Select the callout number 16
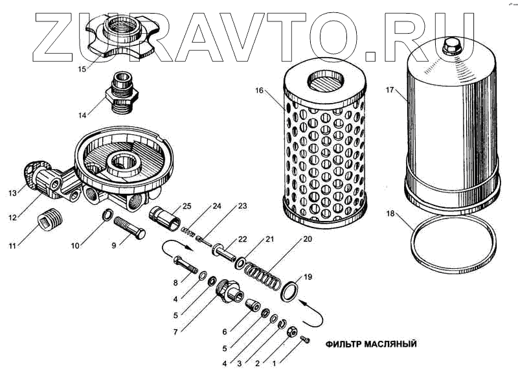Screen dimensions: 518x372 259,91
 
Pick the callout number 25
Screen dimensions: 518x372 186,206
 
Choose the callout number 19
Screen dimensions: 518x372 308,277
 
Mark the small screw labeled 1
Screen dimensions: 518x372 306,340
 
